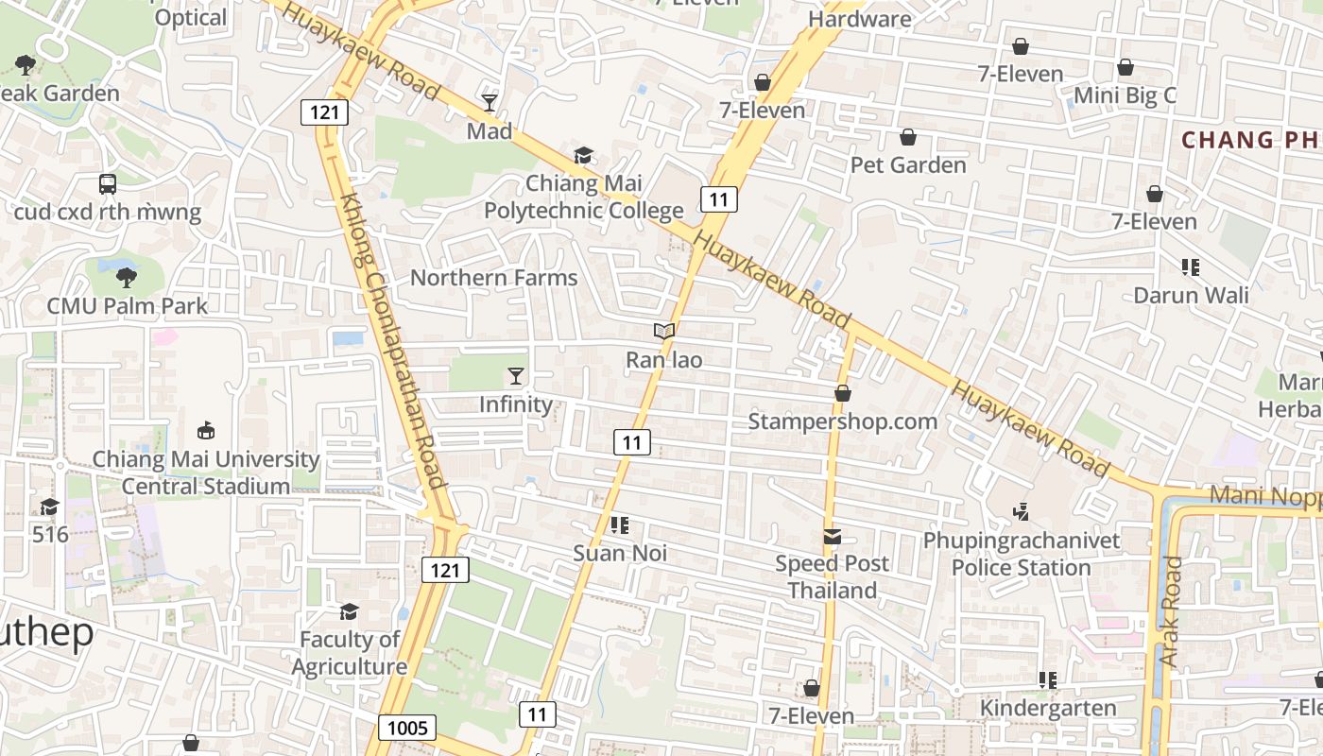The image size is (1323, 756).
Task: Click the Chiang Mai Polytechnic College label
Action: tap(583, 197)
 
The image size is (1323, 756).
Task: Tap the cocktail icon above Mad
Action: tap(490, 102)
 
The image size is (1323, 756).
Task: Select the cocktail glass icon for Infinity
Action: tap(515, 376)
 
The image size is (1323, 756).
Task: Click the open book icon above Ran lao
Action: tap(664, 332)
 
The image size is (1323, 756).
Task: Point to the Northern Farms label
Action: tap(493, 278)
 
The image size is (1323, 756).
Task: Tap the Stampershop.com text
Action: tap(842, 421)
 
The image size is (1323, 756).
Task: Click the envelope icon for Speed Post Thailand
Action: tap(832, 537)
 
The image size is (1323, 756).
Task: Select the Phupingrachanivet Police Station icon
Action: tap(1021, 512)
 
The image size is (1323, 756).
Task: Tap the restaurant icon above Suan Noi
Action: tap(620, 525)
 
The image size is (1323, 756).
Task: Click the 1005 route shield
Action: tap(408, 728)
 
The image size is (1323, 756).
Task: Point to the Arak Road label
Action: tap(1171, 612)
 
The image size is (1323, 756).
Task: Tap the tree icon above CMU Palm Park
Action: tap(126, 277)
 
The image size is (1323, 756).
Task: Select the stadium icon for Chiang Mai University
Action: tap(205, 431)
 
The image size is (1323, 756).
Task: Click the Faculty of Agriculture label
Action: tap(350, 653)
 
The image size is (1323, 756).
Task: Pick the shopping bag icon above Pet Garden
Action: tap(908, 138)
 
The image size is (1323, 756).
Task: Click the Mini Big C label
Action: tap(1125, 95)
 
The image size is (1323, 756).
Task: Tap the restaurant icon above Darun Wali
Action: tap(1191, 267)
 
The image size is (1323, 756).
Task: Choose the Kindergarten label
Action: tap(1048, 708)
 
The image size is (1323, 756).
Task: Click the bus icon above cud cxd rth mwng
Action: tap(108, 184)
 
